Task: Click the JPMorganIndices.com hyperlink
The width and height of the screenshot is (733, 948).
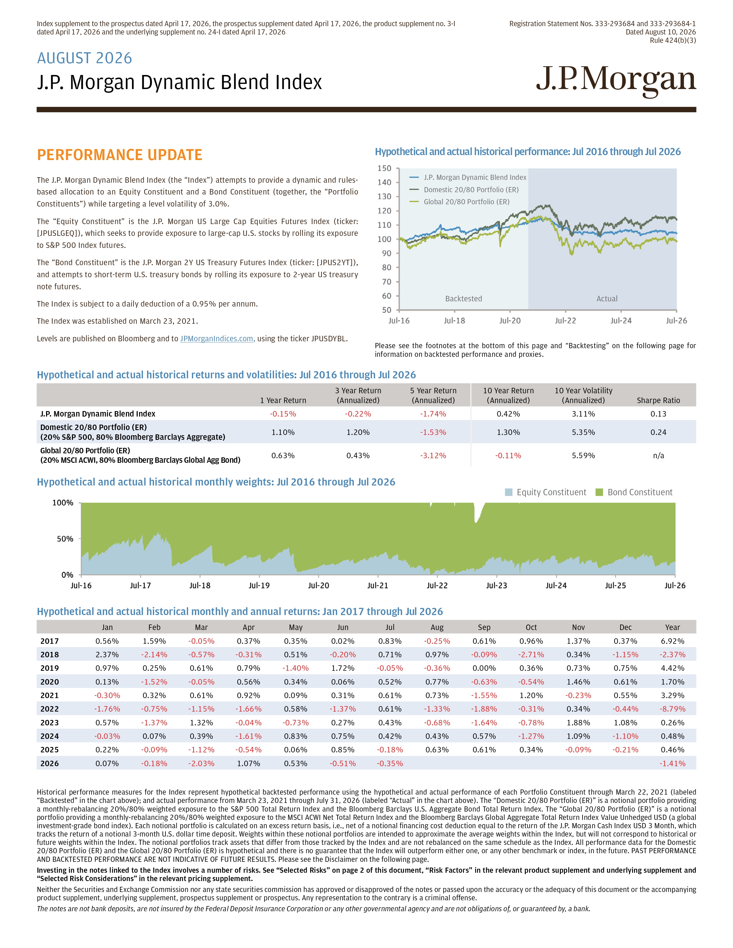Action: pos(217,339)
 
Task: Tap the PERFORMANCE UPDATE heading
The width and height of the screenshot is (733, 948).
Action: pos(119,155)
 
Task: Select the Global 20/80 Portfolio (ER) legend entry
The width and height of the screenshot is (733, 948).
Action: pos(466,202)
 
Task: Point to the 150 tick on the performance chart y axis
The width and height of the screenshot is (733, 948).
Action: pos(384,168)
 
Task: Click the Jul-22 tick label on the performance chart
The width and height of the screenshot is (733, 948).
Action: pos(565,321)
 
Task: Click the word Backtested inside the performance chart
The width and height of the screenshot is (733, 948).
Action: pos(463,299)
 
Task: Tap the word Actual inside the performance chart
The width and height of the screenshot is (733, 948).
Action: pos(607,299)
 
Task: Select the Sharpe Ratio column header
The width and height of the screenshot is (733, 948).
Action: pos(658,400)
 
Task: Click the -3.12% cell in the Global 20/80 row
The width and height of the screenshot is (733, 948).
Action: pos(433,455)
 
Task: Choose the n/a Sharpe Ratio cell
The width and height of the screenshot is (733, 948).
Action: pos(658,455)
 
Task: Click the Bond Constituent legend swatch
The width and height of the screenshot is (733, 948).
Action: pos(599,492)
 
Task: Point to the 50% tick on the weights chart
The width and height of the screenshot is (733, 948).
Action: pos(65,539)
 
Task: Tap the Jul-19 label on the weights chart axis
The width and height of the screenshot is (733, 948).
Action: pos(259,585)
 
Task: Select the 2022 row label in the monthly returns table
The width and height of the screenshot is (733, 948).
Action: pos(49,709)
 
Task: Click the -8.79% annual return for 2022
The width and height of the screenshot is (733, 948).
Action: pos(672,709)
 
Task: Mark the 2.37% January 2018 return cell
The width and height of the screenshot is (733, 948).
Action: pos(107,655)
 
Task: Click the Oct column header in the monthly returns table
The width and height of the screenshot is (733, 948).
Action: pos(531,627)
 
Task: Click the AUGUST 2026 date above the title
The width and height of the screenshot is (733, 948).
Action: pos(85,58)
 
